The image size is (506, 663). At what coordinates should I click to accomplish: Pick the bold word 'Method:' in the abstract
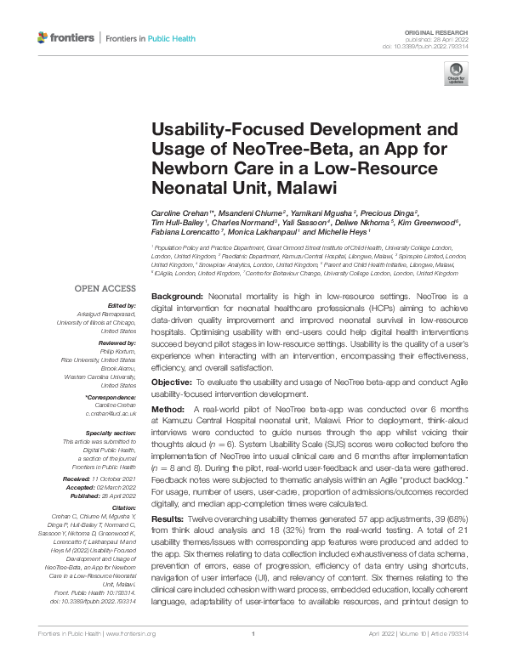coord(168,409)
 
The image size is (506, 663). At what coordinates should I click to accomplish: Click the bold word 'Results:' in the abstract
coord(170,518)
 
